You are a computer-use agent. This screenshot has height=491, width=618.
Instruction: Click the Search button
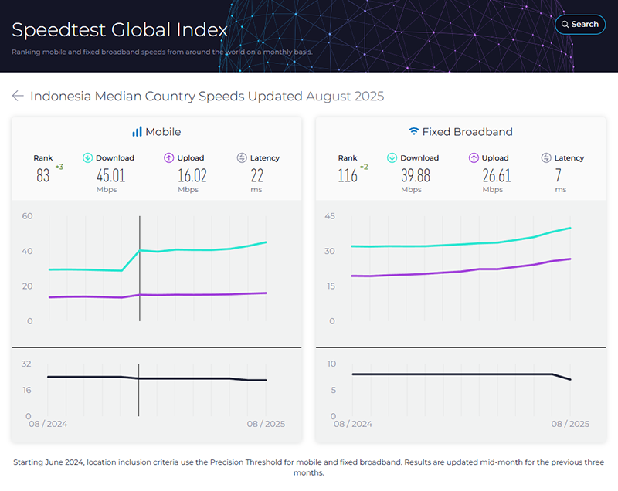pyautogui.click(x=579, y=24)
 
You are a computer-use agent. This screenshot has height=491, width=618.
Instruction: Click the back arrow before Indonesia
pyautogui.click(x=18, y=96)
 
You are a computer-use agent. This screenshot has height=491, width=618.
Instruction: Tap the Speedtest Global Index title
pyautogui.click(x=119, y=30)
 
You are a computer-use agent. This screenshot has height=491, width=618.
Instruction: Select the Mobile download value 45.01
pyautogui.click(x=110, y=176)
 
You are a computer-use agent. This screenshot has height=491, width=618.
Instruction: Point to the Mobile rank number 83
pyautogui.click(x=43, y=176)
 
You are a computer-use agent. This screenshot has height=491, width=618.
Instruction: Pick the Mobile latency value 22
pyautogui.click(x=257, y=176)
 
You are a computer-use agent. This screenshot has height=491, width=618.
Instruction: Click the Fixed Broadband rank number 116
pyautogui.click(x=348, y=176)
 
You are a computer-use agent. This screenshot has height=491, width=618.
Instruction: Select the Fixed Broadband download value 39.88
pyautogui.click(x=416, y=176)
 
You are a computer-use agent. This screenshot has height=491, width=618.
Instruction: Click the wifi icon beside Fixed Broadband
pyautogui.click(x=414, y=132)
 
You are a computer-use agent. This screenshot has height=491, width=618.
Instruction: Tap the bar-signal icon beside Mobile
pyautogui.click(x=137, y=132)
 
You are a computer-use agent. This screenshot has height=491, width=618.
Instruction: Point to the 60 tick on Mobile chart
pyautogui.click(x=28, y=216)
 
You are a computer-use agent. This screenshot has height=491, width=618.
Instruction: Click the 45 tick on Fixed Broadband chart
pyautogui.click(x=330, y=216)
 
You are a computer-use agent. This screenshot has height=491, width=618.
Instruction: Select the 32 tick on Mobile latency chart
pyautogui.click(x=26, y=364)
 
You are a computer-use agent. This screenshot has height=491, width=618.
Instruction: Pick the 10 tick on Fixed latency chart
pyautogui.click(x=331, y=364)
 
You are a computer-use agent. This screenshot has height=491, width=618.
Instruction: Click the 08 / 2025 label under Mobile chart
pyautogui.click(x=267, y=424)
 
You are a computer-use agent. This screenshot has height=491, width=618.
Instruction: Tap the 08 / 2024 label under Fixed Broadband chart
pyautogui.click(x=353, y=424)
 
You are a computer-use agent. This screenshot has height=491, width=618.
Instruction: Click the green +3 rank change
pyautogui.click(x=59, y=167)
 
